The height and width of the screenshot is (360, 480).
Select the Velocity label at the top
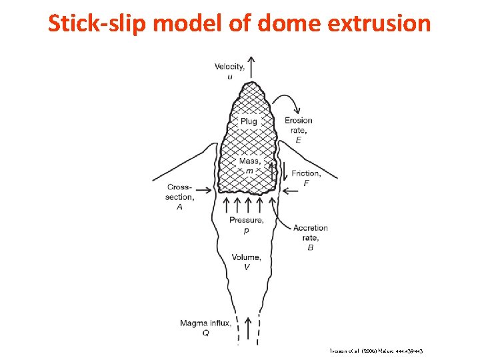229,67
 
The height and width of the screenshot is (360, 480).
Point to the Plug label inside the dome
249,121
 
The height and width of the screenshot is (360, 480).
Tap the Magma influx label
205,324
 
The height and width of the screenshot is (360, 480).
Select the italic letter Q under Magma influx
205,333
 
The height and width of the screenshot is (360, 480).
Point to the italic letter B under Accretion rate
310,247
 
